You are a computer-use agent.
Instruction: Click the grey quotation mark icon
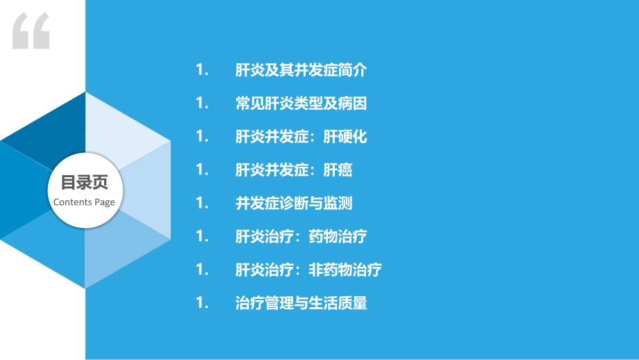(x=31, y=31)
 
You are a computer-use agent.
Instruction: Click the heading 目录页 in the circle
(x=84, y=183)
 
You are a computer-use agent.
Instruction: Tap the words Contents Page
(x=84, y=202)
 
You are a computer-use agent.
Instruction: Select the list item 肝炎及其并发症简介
(x=301, y=70)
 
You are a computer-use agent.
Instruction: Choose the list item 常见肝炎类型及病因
(x=301, y=104)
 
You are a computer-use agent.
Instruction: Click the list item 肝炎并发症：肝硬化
(x=301, y=137)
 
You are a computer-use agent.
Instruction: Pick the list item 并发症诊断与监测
(x=294, y=203)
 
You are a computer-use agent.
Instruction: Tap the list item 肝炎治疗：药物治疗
(x=301, y=236)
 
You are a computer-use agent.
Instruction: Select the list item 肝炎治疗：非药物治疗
(x=308, y=270)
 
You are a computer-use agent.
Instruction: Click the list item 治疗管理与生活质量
(x=301, y=303)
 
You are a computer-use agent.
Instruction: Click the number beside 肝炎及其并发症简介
(x=202, y=70)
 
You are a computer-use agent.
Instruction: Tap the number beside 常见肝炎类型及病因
(x=202, y=104)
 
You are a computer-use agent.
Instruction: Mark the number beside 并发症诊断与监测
(x=202, y=203)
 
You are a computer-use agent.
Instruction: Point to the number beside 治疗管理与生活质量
(x=202, y=303)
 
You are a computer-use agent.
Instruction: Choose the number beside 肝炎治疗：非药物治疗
(x=202, y=270)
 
